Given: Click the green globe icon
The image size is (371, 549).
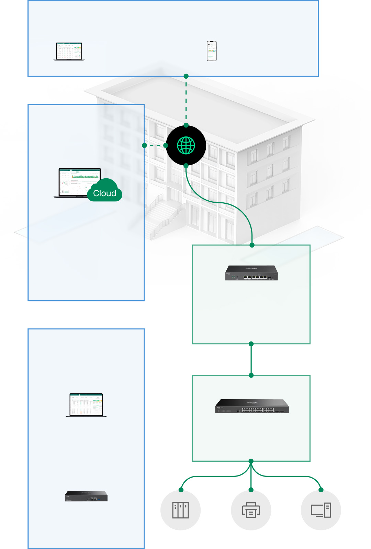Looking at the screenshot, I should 186,145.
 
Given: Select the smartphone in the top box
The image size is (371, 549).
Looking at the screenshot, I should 212,51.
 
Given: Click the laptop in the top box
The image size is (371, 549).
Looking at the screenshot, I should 69,52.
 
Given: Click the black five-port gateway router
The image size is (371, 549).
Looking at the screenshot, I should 251,273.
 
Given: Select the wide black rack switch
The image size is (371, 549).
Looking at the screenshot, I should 252,406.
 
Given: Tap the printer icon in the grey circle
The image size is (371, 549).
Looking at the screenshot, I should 251,510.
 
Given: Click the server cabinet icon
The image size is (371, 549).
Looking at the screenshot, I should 181,510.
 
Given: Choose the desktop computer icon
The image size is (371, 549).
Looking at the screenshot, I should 321,510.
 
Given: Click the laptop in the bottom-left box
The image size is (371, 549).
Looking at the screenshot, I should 86,405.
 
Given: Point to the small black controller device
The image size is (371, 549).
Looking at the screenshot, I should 86,496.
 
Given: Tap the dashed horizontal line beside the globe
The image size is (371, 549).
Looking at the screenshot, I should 155,145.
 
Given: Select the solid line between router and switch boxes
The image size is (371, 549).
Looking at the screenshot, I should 251,359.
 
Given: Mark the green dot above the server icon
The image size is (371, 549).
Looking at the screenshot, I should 181,490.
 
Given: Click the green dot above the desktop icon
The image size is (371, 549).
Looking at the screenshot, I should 321,490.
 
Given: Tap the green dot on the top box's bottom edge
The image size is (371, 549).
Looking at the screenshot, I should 186,76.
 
